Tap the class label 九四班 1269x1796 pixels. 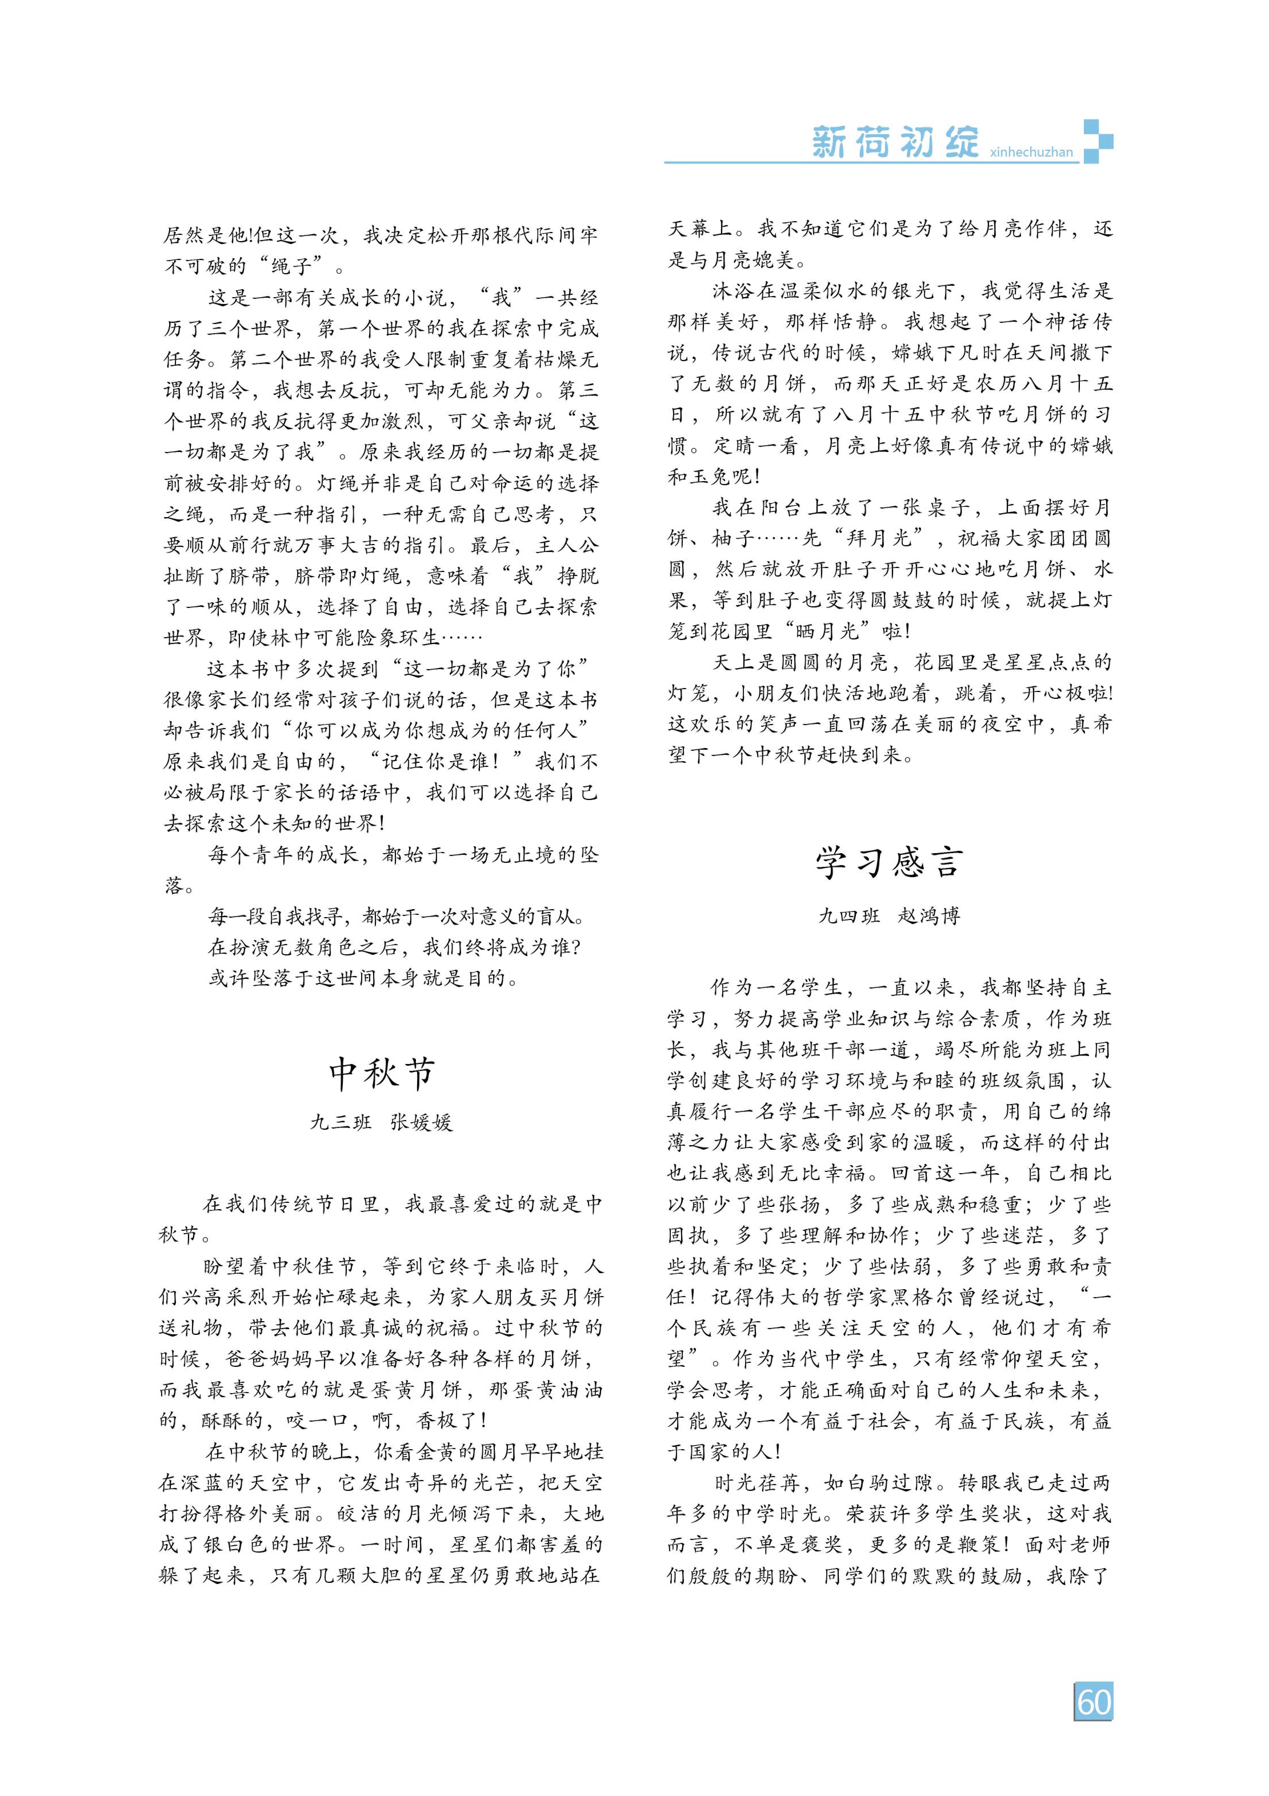pos(848,915)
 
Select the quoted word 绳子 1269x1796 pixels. pos(291,266)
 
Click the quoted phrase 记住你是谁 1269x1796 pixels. pos(434,761)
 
